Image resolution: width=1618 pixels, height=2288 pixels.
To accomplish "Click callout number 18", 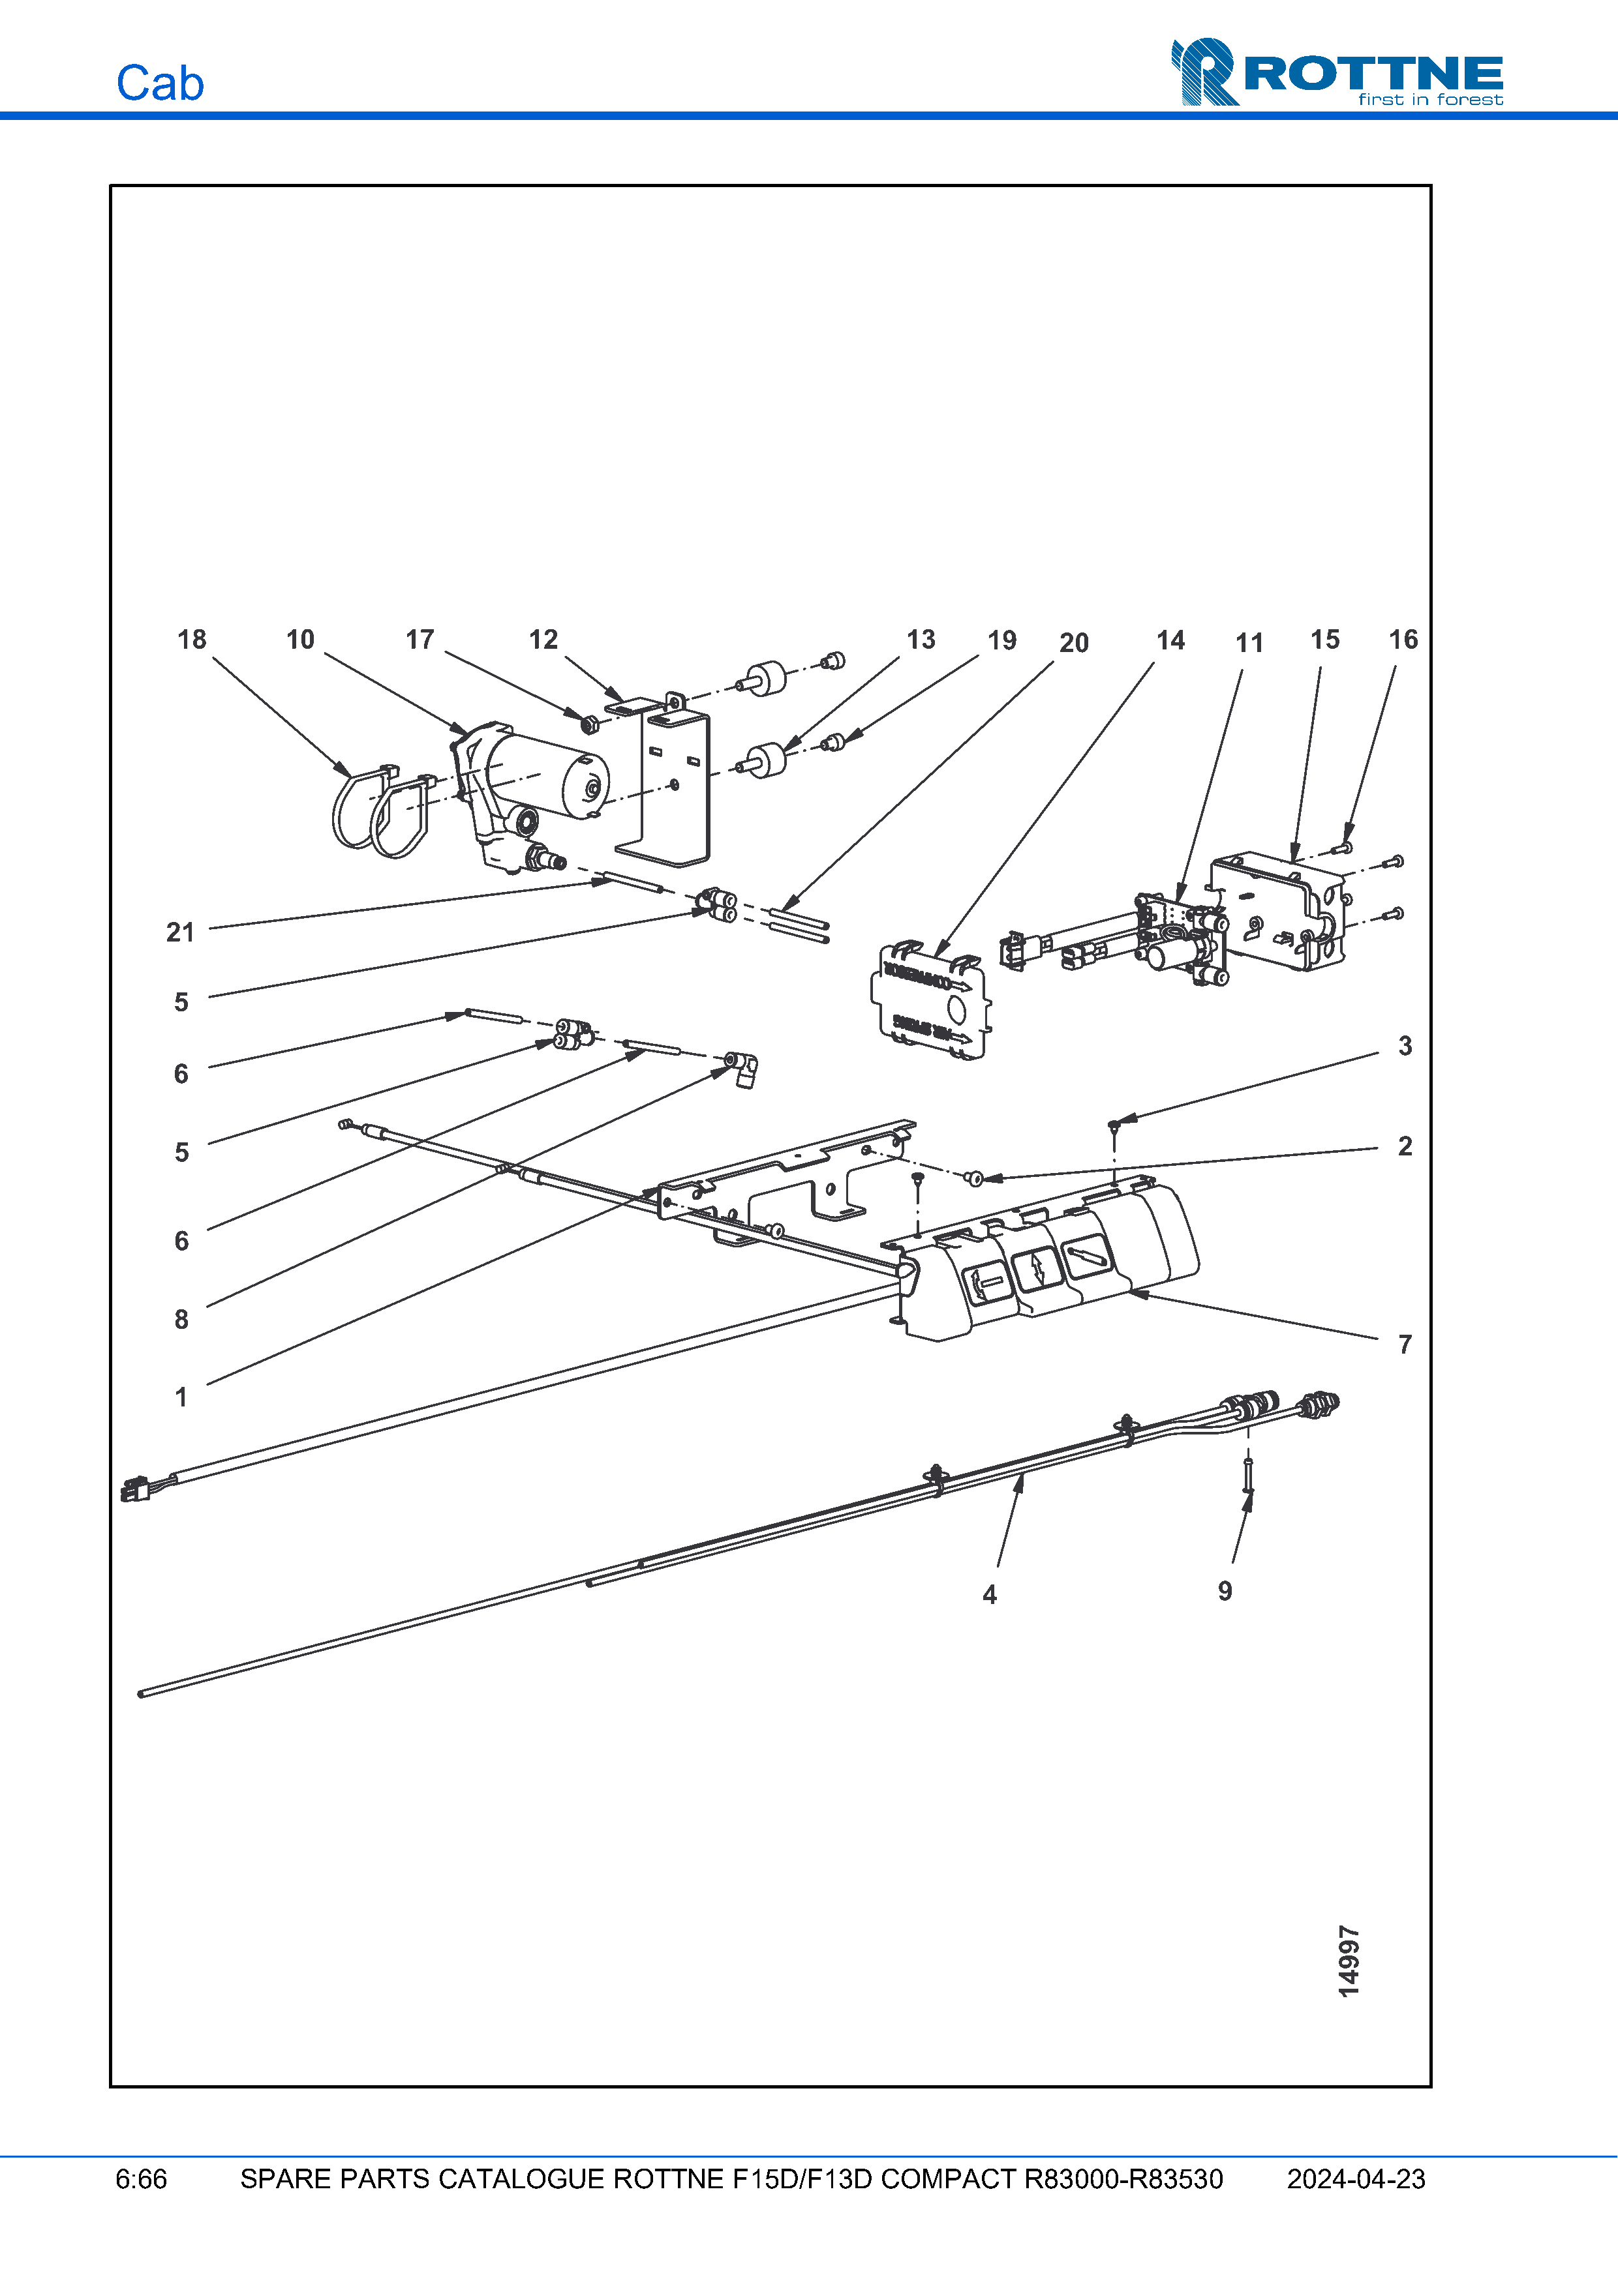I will (191, 640).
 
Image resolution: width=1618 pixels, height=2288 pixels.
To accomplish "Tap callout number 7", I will (1405, 1345).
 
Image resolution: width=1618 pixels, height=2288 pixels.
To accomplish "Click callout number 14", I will (1170, 640).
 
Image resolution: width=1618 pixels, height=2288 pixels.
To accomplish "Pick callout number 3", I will (1405, 1045).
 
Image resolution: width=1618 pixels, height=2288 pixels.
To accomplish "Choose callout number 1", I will (181, 1397).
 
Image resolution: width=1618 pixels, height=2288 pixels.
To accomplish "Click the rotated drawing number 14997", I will (1349, 1961).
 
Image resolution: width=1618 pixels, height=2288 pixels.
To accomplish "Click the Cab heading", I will (159, 83).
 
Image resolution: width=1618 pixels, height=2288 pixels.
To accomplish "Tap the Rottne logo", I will (1337, 72).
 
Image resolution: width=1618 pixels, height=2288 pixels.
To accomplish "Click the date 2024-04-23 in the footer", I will (1356, 2179).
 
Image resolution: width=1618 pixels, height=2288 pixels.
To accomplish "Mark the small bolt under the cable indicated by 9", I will (1247, 1475).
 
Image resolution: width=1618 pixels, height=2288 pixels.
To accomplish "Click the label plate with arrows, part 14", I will (932, 1002).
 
